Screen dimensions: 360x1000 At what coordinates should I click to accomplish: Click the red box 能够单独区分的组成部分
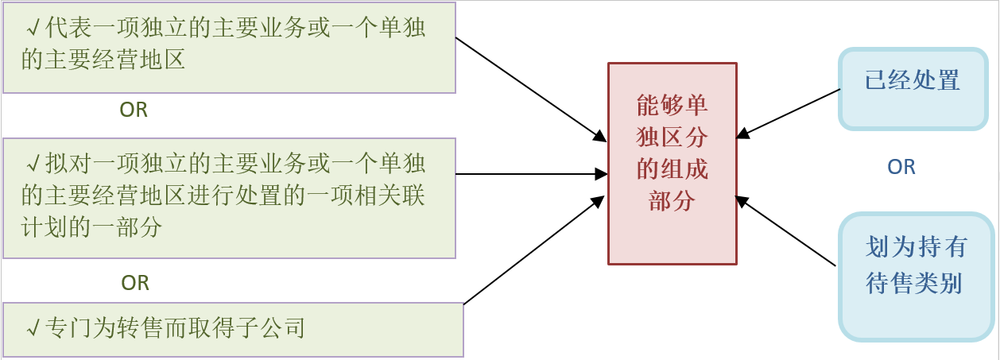point(672,163)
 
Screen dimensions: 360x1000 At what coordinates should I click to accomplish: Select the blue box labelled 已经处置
point(913,88)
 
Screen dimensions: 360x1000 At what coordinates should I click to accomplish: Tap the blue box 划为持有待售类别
point(916,277)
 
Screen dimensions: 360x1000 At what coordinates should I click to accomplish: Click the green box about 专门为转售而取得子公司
point(233,329)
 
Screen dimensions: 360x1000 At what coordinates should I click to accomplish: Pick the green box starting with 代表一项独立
point(229,48)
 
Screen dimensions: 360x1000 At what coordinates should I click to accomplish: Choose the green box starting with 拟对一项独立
point(229,198)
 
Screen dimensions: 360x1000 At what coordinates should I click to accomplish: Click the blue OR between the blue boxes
point(901,167)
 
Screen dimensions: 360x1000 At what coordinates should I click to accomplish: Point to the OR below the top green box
point(134,110)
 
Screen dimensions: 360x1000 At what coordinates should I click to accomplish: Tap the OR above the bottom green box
point(135,282)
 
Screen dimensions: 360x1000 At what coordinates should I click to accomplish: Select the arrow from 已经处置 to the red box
point(789,113)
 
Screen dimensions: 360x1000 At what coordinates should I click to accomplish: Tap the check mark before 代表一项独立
point(33,29)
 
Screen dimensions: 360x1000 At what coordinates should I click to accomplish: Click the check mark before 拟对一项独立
point(33,165)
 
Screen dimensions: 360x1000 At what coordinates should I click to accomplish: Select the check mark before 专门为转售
point(33,328)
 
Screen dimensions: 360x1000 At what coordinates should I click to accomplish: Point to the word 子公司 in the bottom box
point(280,328)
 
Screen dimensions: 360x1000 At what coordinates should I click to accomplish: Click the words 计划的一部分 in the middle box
point(91,228)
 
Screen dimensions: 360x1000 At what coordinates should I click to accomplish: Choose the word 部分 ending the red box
point(672,201)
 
